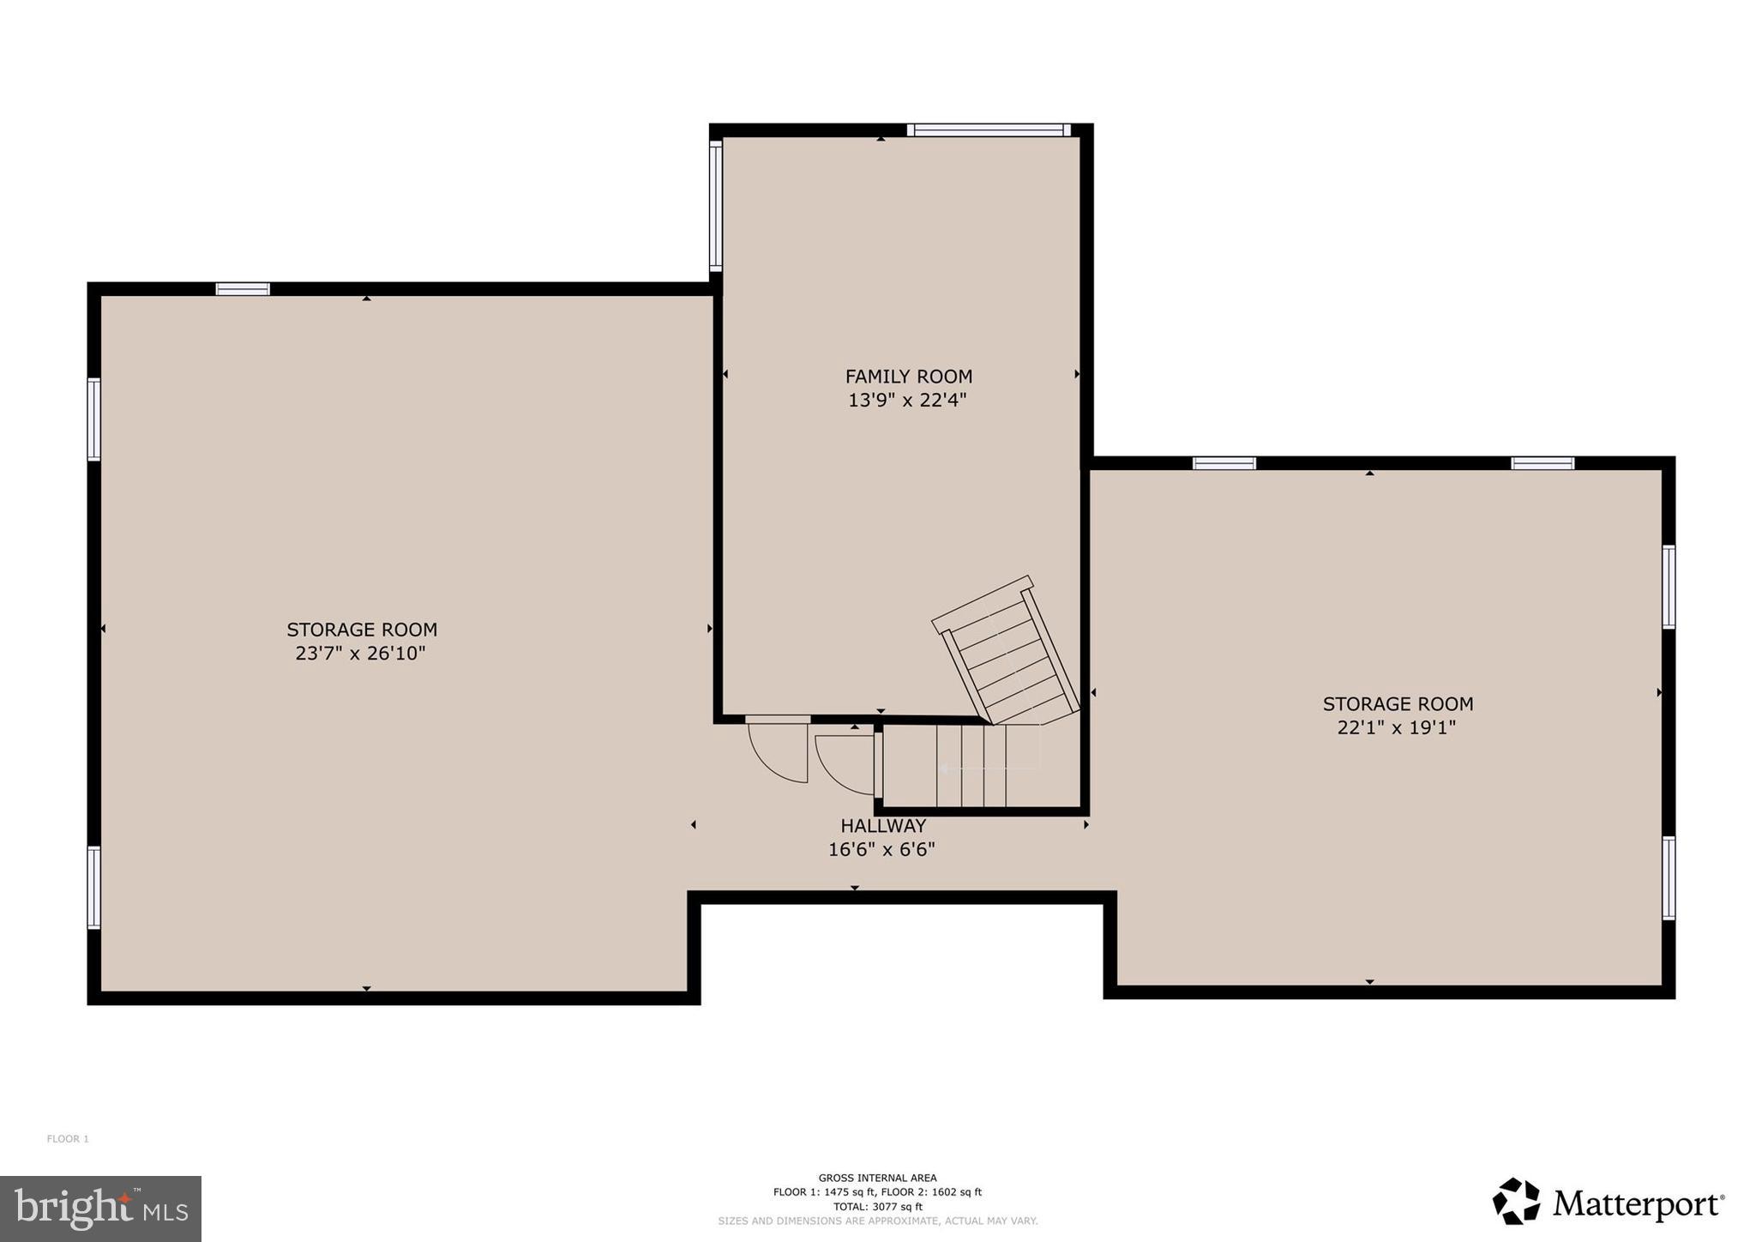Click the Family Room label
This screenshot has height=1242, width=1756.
pos(908,377)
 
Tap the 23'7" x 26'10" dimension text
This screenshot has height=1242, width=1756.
pos(360,654)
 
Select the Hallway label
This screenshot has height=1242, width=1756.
pos(882,826)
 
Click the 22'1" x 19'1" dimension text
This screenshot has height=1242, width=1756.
pos(1397,728)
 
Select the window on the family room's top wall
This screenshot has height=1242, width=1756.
pos(989,130)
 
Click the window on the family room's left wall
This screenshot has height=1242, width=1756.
pos(715,207)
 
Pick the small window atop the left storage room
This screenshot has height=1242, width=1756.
pos(243,289)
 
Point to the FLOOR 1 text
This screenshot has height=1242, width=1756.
pos(68,1139)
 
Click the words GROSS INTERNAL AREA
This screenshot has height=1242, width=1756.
pos(877,1178)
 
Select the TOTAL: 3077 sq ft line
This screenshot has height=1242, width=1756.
pos(877,1206)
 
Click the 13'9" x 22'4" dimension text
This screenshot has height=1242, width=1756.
pos(907,401)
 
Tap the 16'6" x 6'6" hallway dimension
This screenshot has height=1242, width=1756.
pos(881,850)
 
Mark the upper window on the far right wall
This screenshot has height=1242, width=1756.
pos(1669,587)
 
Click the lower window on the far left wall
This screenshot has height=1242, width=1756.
pos(93,887)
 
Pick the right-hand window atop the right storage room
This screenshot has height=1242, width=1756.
pos(1542,463)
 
